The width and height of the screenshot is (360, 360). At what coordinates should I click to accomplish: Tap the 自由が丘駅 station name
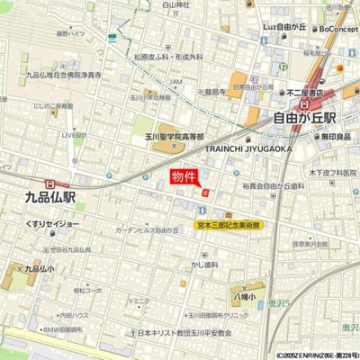304,117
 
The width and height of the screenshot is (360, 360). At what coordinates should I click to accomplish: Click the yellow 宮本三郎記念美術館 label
229,225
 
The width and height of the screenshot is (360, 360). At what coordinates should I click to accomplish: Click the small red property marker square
205,192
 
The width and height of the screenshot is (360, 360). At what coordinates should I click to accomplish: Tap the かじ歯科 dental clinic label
204,265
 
